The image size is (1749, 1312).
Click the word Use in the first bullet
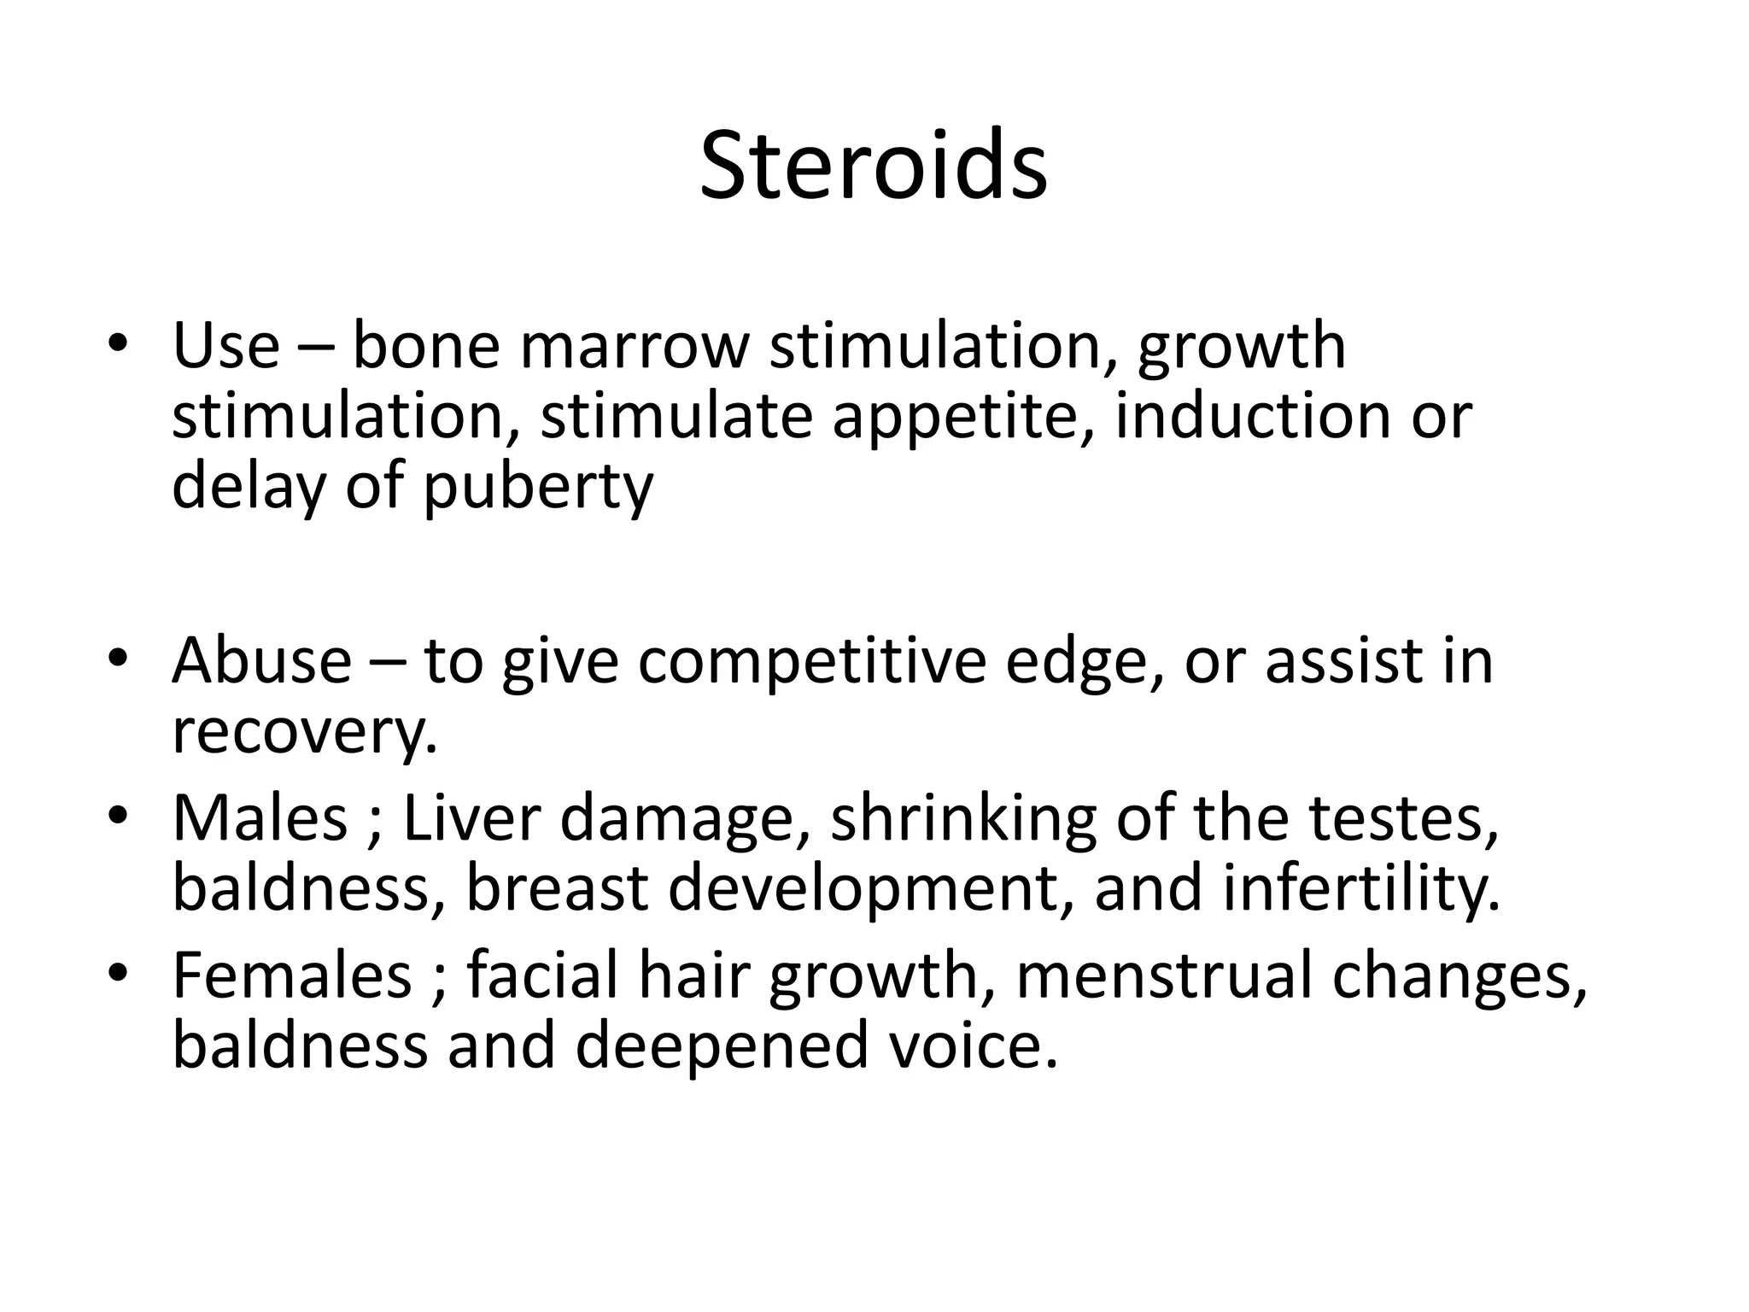tap(225, 345)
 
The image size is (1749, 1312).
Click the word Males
tap(260, 817)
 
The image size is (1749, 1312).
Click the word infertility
tap(1361, 888)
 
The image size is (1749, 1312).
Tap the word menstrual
tap(1163, 975)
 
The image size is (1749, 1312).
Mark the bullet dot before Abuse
tap(118, 659)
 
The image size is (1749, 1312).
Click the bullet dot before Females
tap(118, 973)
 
